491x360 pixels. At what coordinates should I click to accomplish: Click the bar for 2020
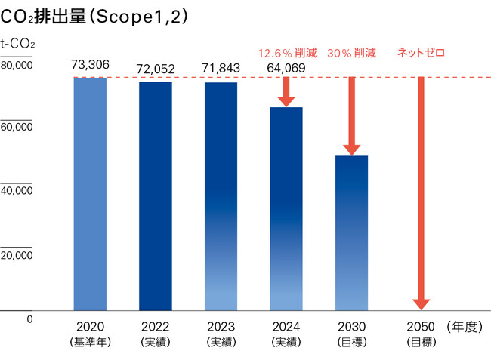coord(90,194)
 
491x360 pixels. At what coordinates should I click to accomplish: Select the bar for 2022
coord(156,196)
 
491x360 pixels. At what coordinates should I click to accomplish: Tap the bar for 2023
coord(221,196)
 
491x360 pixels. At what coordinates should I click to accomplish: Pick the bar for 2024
coord(286,209)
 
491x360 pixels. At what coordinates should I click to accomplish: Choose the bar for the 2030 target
coord(351,233)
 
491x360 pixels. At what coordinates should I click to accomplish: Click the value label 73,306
coord(90,65)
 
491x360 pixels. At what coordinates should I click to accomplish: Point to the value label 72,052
coord(156,69)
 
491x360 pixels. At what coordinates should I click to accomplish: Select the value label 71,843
coord(221,69)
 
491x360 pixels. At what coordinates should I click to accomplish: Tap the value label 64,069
coord(286,69)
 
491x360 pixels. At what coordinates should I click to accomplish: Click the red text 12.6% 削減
coord(288,54)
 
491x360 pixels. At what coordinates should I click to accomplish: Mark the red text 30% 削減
coord(352,54)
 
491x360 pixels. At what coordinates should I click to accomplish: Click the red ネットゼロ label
coord(421,53)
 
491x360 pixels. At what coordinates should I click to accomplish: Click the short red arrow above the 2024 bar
coord(286,91)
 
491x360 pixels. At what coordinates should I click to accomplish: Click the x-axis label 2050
coord(420,327)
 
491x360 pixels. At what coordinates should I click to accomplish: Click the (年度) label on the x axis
coord(463,327)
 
